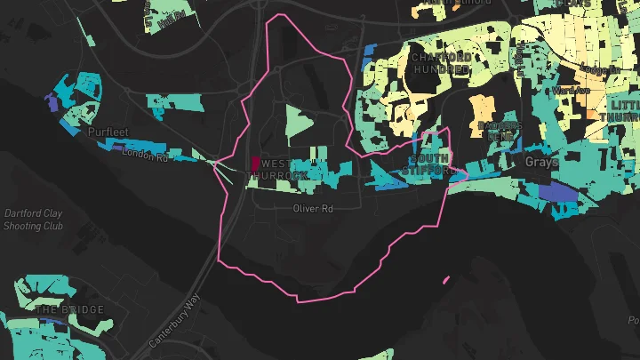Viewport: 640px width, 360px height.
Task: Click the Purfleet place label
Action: (x=108, y=132)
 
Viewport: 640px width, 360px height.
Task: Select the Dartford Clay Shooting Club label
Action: (x=34, y=220)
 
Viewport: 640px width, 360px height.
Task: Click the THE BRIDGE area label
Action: (x=68, y=309)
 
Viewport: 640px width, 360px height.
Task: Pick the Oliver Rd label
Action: (x=312, y=209)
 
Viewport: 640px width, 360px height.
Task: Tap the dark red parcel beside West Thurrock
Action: (x=256, y=164)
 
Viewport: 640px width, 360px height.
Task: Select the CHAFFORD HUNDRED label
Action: (x=440, y=63)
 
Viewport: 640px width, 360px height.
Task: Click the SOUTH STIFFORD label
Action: (x=427, y=163)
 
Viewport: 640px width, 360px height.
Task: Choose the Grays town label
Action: (x=540, y=163)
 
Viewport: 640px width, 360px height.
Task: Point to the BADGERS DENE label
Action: (x=500, y=132)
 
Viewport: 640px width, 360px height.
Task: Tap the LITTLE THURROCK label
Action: (x=624, y=111)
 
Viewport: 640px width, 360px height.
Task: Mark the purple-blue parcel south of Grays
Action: (x=558, y=191)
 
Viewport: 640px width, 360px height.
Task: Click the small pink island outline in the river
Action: (x=444, y=280)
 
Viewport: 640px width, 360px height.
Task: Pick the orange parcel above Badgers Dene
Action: (x=482, y=107)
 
